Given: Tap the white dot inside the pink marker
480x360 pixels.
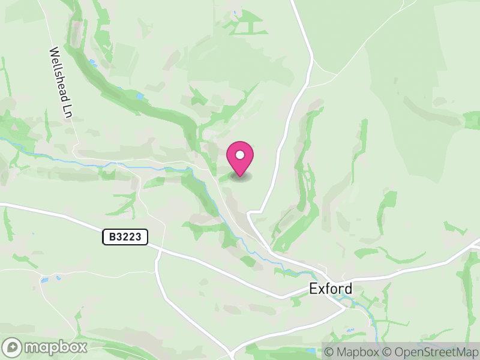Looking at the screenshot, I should click(240, 155).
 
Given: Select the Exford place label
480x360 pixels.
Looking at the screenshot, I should click(331, 289).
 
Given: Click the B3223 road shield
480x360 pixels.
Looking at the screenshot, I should click(125, 237).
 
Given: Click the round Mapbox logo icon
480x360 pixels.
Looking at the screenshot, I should click(13, 347).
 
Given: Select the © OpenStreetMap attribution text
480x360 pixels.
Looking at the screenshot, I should click(430, 352).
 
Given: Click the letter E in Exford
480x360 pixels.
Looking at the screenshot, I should click(313, 289).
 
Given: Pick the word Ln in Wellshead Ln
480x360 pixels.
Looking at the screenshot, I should click(67, 109).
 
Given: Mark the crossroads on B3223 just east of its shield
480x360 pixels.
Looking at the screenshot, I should click(160, 248).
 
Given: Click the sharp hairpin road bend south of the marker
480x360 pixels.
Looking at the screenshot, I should click(250, 213).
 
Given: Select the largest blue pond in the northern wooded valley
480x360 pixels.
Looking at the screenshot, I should click(139, 96).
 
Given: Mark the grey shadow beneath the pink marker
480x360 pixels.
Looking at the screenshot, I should click(240, 176).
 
